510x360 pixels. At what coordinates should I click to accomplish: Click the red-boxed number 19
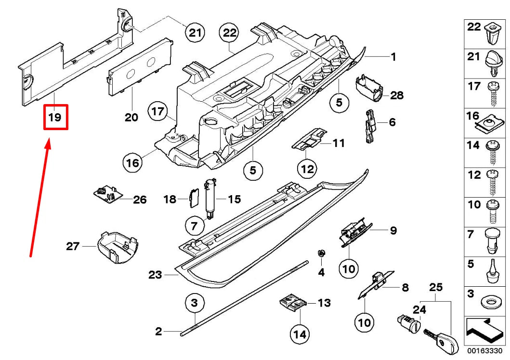tap(55, 117)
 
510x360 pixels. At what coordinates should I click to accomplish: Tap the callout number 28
tap(397, 95)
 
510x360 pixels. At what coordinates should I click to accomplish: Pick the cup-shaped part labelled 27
tap(115, 247)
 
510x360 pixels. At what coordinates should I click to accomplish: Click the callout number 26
tap(139, 199)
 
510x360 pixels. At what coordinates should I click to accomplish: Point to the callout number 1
tap(393, 57)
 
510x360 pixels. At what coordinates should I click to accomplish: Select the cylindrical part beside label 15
tap(210, 198)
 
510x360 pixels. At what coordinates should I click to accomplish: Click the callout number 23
tap(155, 275)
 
